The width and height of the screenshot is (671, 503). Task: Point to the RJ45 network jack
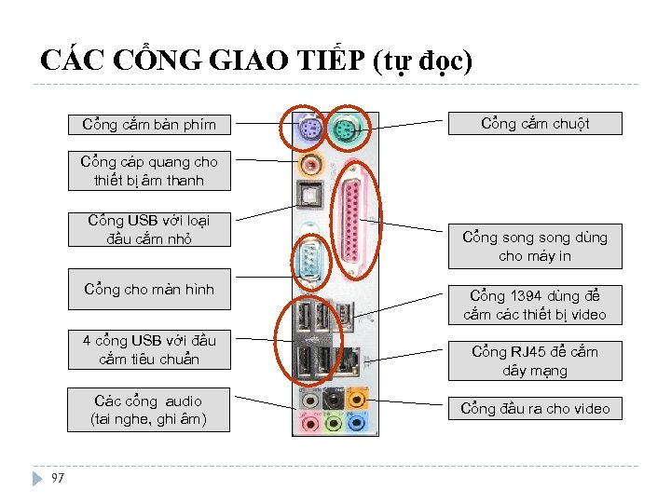point(349,358)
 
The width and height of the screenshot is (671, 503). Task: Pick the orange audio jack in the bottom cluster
point(356,400)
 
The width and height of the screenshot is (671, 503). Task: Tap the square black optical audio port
point(310,197)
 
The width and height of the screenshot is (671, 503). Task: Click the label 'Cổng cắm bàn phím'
point(149,124)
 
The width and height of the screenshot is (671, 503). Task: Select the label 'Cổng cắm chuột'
point(535,123)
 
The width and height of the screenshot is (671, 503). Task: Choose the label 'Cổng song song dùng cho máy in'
point(535,246)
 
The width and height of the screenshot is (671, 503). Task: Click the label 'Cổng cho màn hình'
point(149,289)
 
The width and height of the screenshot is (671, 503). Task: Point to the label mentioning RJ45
point(535,360)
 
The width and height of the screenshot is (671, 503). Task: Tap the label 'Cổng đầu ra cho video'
point(535,408)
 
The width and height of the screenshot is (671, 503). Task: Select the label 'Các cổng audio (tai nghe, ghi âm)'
point(149,410)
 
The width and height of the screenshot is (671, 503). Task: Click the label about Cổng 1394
point(535,305)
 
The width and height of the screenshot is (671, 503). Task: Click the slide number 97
point(58,478)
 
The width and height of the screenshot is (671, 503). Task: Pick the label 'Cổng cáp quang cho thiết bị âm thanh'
point(149,170)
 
